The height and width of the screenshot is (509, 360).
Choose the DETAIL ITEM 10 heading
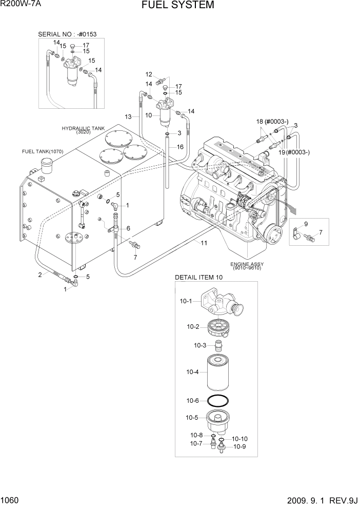coord(199,277)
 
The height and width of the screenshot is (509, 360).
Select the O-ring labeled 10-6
coord(218,400)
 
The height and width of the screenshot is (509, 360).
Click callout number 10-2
coord(193,326)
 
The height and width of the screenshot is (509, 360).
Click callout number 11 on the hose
coord(204,243)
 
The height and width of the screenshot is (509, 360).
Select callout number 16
coord(180,147)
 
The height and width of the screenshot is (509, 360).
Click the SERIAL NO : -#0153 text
coord(67,34)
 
